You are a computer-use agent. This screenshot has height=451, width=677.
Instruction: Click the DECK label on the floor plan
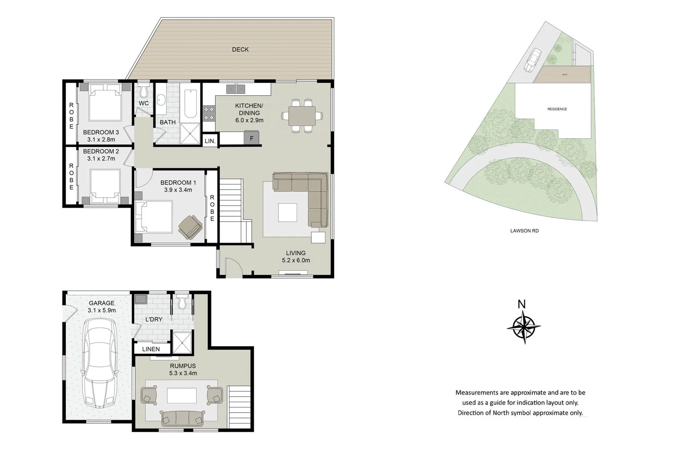pos(240,49)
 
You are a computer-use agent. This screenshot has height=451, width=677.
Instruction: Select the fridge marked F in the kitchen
pos(251,138)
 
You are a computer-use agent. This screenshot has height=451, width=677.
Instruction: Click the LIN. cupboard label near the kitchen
pos(210,141)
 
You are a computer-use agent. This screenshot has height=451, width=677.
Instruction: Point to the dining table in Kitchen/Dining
pos(302,116)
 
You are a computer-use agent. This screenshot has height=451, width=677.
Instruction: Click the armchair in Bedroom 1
pos(190,227)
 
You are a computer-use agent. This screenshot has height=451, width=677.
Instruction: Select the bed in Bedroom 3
pos(105,103)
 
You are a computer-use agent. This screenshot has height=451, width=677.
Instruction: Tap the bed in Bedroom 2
pos(105,185)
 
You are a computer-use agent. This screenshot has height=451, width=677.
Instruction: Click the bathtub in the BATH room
pos(191,103)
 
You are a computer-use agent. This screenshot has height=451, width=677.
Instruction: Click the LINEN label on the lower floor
pos(151,349)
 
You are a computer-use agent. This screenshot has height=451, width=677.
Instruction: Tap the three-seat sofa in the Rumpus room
pos(182,418)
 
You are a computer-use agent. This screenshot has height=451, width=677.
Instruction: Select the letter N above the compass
pos(522,304)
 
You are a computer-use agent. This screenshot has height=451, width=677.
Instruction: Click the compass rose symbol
pos(524,327)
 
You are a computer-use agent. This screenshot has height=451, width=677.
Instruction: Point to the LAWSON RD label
pos(524,231)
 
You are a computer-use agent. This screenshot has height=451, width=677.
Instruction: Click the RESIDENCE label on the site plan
pos(557,109)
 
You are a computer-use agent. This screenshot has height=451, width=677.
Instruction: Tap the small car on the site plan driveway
pos(533,60)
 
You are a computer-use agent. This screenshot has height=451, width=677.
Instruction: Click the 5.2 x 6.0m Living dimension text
pos(296,260)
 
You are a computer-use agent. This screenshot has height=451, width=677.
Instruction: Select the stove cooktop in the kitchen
pos(209,113)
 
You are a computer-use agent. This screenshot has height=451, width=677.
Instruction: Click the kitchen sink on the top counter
pos(236,89)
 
